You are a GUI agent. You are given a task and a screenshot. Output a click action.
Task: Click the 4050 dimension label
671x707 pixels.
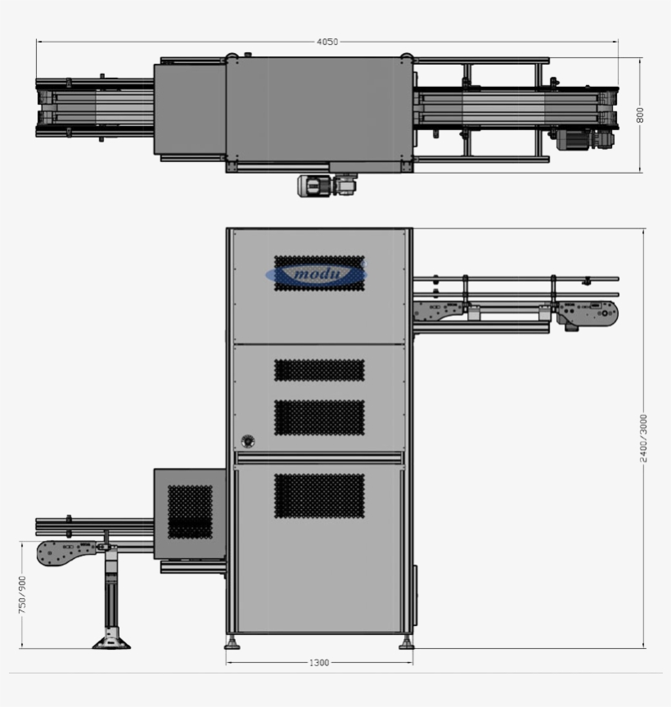pos(326,42)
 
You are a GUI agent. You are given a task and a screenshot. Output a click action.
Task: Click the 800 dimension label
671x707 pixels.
pos(641,115)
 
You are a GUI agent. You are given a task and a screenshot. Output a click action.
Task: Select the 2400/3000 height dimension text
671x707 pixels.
pos(644,438)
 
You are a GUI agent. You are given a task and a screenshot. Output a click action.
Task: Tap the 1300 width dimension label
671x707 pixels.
pos(319,663)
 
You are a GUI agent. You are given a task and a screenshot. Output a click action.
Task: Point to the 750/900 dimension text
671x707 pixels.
pos(22,595)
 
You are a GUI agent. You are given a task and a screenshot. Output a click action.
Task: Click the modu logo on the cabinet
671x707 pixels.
pos(318,274)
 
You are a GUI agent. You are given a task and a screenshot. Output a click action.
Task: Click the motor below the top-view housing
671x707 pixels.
pos(326,186)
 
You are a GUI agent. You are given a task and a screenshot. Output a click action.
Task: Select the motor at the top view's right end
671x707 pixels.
pos(584,140)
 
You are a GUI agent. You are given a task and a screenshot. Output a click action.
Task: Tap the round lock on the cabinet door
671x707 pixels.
pos(248,441)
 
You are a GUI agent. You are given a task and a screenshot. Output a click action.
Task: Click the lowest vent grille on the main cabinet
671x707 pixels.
pos(319,496)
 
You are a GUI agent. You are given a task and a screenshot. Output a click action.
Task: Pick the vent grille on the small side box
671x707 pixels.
pos(190,511)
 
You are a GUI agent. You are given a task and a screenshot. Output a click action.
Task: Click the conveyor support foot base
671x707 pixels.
pos(111,642)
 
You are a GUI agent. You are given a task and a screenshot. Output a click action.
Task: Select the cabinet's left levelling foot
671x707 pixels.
pos(232,643)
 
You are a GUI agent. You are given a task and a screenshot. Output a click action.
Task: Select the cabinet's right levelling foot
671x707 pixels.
pos(406,643)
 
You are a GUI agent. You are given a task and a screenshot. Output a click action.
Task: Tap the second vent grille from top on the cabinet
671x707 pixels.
pos(319,370)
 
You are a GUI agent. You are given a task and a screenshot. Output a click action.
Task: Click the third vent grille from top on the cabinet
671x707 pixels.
pos(319,417)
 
